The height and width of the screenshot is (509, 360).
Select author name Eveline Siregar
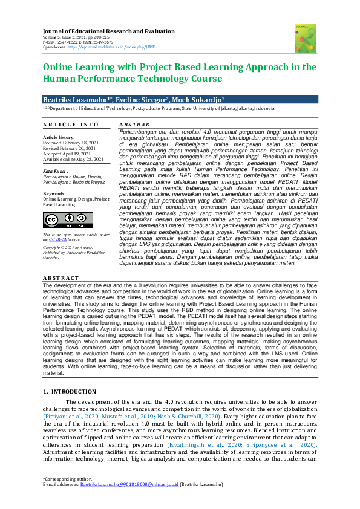click(142, 99)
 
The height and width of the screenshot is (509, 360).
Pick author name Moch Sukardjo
click(198, 99)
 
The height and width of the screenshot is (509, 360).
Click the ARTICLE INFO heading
click(71, 125)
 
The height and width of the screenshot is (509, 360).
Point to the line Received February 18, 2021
click(68, 143)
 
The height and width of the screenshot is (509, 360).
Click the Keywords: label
click(55, 193)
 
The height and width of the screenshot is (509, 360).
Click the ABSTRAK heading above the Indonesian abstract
click(133, 124)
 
